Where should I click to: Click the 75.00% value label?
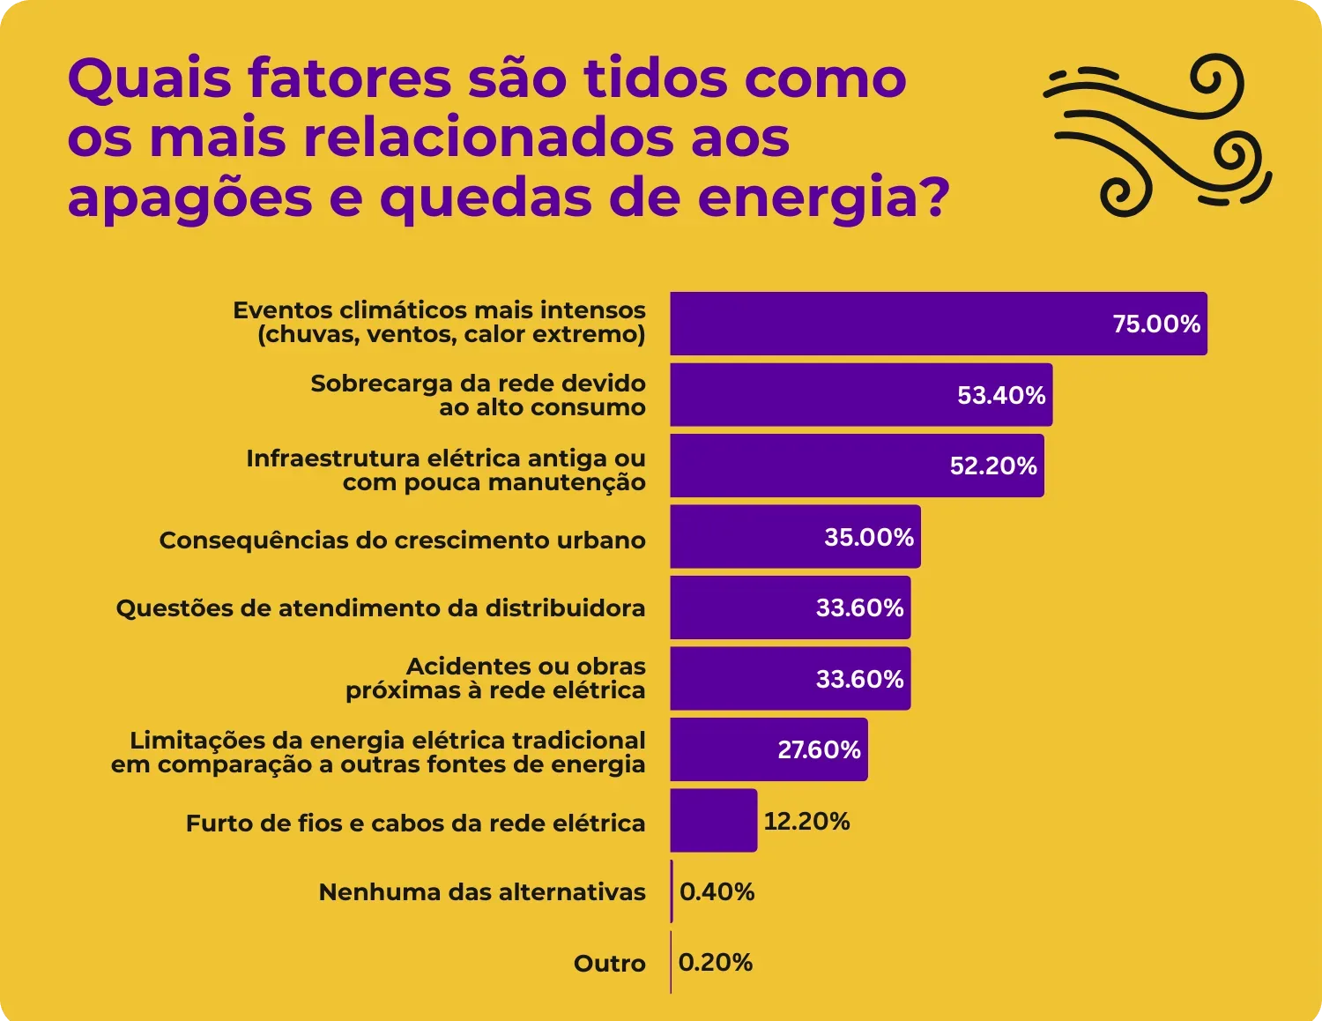pyautogui.click(x=1156, y=324)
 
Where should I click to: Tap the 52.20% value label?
pyautogui.click(x=993, y=466)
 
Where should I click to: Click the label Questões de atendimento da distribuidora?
pyautogui.click(x=381, y=608)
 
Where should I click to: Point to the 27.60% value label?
pyautogui.click(x=819, y=750)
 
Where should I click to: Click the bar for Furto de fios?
pyautogui.click(x=713, y=821)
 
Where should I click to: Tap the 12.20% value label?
pyautogui.click(x=806, y=822)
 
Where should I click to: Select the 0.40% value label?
pyautogui.click(x=717, y=892)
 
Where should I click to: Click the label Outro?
pyautogui.click(x=609, y=964)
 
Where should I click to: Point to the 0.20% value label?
pyautogui.click(x=716, y=963)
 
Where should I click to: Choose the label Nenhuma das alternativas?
pyautogui.click(x=482, y=892)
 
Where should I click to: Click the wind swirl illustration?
pyautogui.click(x=1157, y=135)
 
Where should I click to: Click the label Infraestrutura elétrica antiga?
pyautogui.click(x=446, y=470)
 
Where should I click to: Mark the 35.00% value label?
pyautogui.click(x=869, y=538)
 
